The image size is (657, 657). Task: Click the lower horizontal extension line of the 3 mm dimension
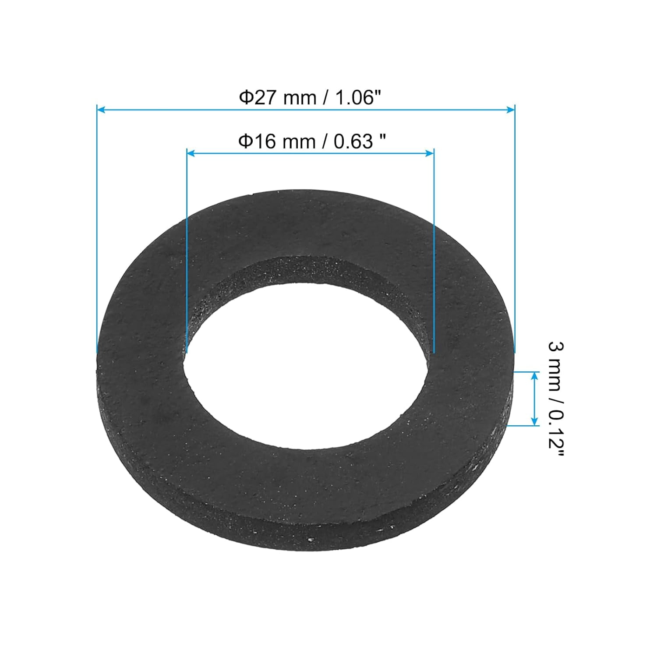tap(523, 425)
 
